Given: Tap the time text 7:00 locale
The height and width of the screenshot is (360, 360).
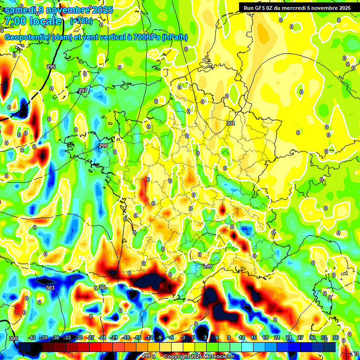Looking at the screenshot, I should (x=32, y=21).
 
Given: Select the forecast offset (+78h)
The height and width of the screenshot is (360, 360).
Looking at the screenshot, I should (x=81, y=21).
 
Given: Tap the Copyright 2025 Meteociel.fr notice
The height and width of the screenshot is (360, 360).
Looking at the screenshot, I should (x=200, y=356).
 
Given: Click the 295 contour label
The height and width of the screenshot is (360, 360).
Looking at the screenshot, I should (x=51, y=67).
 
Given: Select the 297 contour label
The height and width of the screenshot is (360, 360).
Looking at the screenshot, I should (x=83, y=90).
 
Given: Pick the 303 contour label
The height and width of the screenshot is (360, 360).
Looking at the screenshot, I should (x=50, y=288).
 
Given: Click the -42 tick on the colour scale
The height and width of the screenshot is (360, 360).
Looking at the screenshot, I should (x=32, y=337).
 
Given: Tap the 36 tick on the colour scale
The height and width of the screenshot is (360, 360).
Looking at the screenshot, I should (x=336, y=337).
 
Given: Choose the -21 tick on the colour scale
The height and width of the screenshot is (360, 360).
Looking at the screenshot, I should (x=114, y=337).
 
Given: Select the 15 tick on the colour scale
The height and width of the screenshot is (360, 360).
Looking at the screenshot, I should (x=254, y=337).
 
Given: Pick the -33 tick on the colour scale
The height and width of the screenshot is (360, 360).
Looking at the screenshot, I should (x=67, y=337).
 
